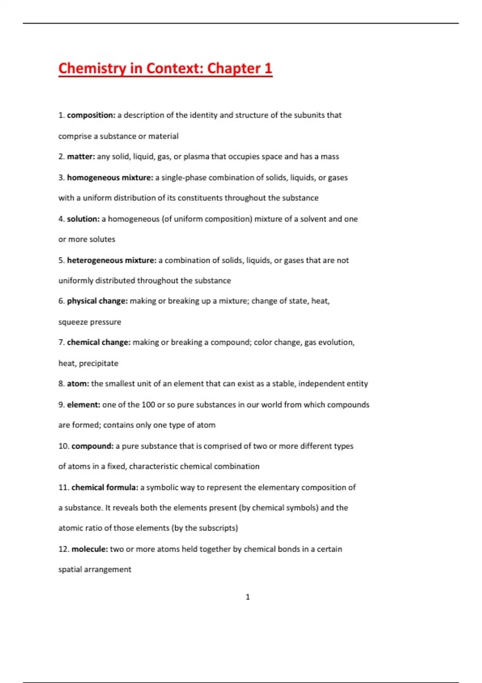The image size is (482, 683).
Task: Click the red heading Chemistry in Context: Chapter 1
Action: pos(165,68)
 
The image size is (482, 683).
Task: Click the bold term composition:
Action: pos(91,115)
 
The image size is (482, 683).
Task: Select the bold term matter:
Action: pos(81,157)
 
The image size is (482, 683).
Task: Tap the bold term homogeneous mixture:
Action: pos(110,178)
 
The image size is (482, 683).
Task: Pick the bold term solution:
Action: pos(83,219)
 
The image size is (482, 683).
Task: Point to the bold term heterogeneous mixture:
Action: pos(112,260)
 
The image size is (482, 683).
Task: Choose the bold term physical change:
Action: pos(97,301)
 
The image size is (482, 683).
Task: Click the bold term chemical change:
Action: pos(99,342)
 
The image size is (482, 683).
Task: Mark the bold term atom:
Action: pos(78,384)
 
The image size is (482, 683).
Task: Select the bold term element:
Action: pos(84,405)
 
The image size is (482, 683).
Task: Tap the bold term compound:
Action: pos(92,446)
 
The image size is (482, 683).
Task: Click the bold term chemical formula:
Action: pos(105,487)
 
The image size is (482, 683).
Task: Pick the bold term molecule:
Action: pos(90,549)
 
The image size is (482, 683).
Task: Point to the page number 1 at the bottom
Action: pos(247,597)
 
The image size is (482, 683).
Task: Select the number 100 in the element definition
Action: pos(148,405)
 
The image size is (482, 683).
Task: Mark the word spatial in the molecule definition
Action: pos(70,569)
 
